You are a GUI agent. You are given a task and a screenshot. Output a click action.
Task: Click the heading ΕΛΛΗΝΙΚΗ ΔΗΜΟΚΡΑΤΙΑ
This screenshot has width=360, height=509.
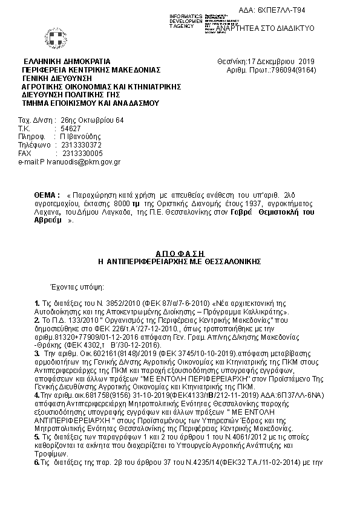tap(67, 62)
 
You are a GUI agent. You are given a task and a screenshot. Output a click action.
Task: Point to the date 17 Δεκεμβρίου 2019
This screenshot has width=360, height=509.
tap(277, 62)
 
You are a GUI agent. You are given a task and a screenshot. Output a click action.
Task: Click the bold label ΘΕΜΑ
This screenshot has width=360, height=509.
tap(47, 196)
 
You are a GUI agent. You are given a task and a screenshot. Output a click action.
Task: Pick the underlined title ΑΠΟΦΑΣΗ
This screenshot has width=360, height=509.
tap(179, 253)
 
